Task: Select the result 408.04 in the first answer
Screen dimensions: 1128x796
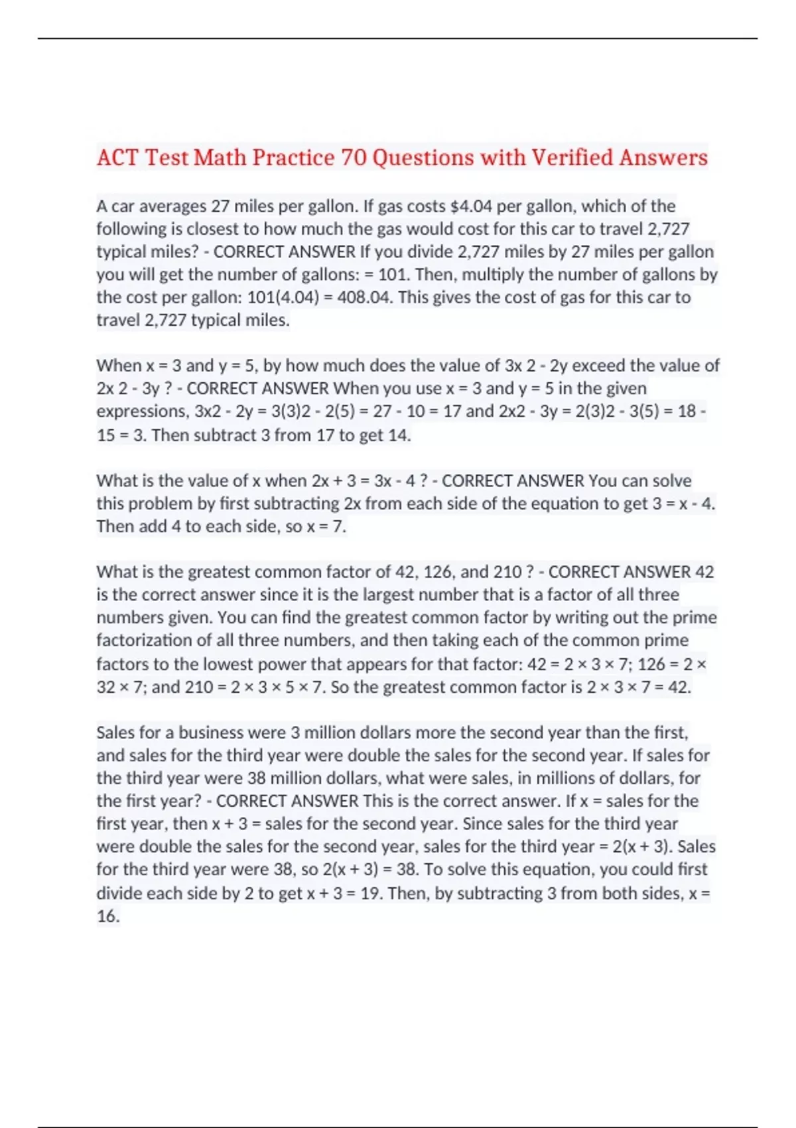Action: [x=364, y=297]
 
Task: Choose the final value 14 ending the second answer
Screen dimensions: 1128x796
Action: [x=397, y=435]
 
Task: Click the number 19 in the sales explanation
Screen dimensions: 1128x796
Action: [x=370, y=893]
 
